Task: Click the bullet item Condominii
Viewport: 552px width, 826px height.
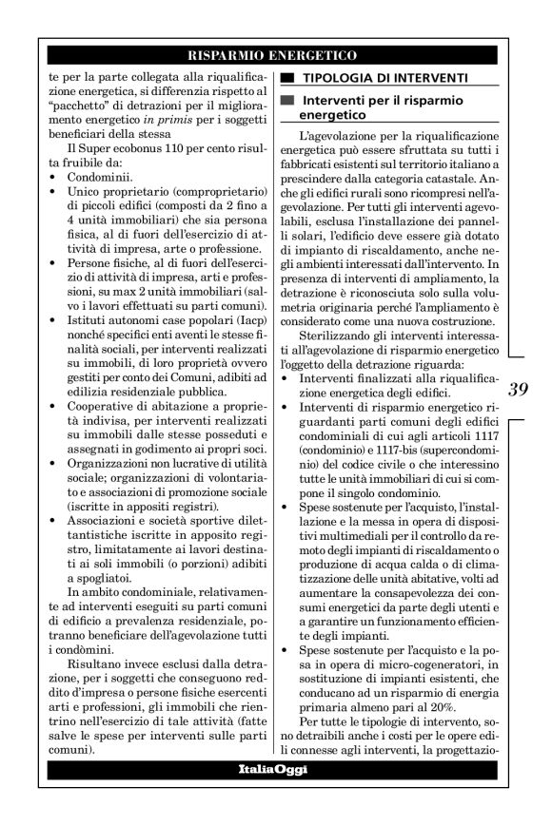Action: (100, 175)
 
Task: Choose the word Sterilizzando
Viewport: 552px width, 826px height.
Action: (337, 361)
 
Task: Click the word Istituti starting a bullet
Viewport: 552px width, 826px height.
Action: (81, 323)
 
